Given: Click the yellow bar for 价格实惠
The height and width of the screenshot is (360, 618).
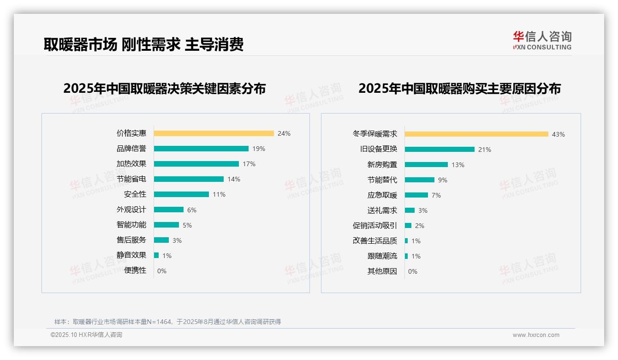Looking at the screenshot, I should pyautogui.click(x=214, y=133).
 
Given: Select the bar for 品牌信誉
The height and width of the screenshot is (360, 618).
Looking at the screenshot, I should pyautogui.click(x=201, y=149).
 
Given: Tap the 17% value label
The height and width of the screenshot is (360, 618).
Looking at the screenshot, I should pyautogui.click(x=249, y=164).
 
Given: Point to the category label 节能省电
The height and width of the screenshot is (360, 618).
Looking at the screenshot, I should pyautogui.click(x=131, y=179).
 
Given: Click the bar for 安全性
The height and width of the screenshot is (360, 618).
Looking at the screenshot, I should pyautogui.click(x=181, y=194).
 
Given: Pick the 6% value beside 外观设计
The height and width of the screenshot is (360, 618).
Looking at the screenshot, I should pyautogui.click(x=192, y=210).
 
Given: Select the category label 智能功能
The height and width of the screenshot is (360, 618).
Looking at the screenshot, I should pyautogui.click(x=131, y=225).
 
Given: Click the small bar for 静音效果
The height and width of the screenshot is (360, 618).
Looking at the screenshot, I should pyautogui.click(x=156, y=255).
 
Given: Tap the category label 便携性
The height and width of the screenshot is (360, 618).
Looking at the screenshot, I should pyautogui.click(x=135, y=270).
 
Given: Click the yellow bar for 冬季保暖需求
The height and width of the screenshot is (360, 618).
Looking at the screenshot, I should pyautogui.click(x=476, y=134).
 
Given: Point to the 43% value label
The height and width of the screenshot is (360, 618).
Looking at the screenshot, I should pyautogui.click(x=558, y=134).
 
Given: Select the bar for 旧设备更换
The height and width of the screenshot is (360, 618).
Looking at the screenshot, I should pyautogui.click(x=440, y=149).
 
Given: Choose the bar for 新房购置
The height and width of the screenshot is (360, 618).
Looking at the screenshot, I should pyautogui.click(x=426, y=164).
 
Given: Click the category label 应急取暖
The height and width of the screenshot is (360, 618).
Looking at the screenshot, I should pyautogui.click(x=382, y=195).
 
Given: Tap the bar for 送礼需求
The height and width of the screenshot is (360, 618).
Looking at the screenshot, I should pyautogui.click(x=410, y=210).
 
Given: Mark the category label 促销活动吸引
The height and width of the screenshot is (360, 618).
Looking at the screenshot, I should pyautogui.click(x=374, y=226).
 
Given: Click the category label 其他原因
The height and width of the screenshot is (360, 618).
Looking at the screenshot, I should pyautogui.click(x=382, y=271).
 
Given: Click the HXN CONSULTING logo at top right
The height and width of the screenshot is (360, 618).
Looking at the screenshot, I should pyautogui.click(x=542, y=41).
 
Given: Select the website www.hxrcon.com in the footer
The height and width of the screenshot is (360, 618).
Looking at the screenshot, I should pyautogui.click(x=536, y=335).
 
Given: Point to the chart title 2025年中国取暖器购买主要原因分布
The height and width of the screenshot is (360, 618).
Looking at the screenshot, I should pyautogui.click(x=459, y=88).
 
